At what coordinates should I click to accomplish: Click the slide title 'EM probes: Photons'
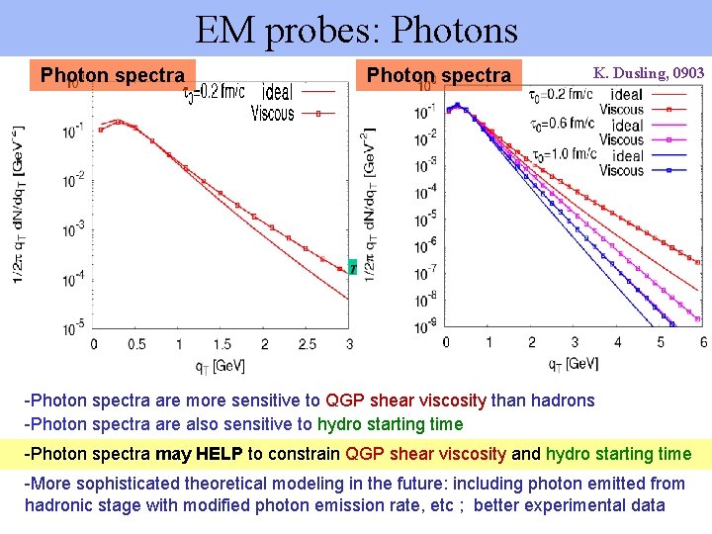click(356, 30)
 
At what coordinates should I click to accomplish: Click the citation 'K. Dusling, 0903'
click(649, 73)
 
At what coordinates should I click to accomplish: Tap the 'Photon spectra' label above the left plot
click(112, 75)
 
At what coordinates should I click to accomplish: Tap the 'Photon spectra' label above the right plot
click(438, 75)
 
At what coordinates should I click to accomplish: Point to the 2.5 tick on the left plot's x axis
click(307, 343)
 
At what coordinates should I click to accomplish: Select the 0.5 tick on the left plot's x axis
click(136, 343)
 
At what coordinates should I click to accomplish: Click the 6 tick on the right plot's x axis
click(702, 341)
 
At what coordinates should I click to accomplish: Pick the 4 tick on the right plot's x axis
click(617, 341)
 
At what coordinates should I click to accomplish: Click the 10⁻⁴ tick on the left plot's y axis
click(73, 281)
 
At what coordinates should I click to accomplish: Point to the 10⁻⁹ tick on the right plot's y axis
click(426, 327)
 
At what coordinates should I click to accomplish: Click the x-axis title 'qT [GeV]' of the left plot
click(219, 366)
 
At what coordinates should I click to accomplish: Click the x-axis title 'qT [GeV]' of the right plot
click(574, 364)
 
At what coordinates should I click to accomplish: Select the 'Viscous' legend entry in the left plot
click(272, 114)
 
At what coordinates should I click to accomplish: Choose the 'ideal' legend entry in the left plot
click(277, 93)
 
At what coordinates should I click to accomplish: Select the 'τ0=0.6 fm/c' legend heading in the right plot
click(565, 124)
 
